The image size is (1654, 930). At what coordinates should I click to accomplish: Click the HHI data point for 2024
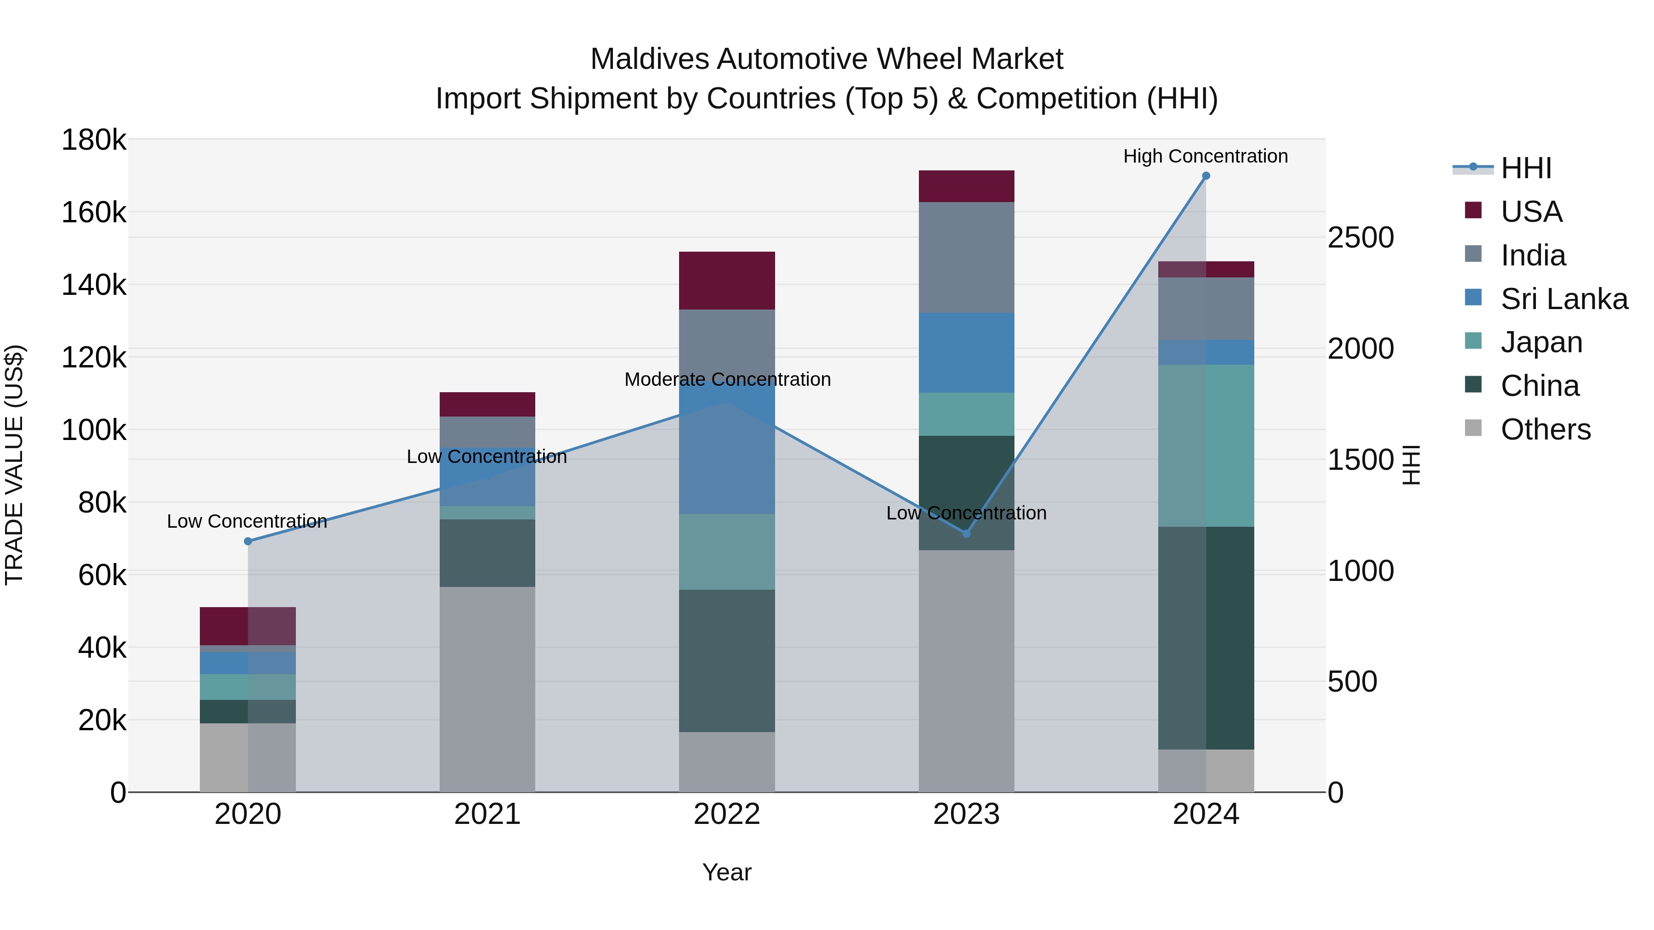[x=1206, y=176]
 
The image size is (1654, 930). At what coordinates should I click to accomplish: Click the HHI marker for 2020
[x=248, y=541]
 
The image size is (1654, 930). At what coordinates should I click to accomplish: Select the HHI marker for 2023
[x=966, y=533]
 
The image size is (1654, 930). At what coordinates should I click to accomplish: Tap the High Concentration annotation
[x=1205, y=157]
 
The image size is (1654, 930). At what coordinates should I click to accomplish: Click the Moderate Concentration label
[x=727, y=379]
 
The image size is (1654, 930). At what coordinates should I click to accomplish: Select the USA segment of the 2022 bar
[x=727, y=281]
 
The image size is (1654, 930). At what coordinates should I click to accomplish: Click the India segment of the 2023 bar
[x=966, y=257]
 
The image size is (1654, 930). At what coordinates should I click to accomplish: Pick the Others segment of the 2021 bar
[x=487, y=689]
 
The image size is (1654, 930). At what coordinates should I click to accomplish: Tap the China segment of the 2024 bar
[x=1206, y=638]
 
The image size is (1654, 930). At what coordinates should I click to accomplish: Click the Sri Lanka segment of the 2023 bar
[x=966, y=352]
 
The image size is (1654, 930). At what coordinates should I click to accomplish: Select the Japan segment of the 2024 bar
[x=1206, y=445]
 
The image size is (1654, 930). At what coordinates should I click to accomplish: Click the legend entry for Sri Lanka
[x=1563, y=299]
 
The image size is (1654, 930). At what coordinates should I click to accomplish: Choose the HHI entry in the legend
[x=1525, y=168]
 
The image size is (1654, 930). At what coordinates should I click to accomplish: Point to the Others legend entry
[x=1545, y=429]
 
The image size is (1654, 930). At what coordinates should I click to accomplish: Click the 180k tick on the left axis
[x=94, y=140]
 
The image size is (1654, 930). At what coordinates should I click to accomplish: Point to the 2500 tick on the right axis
[x=1360, y=237]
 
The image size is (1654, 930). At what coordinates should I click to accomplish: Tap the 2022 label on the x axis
[x=727, y=814]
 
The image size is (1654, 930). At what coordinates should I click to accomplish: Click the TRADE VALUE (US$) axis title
[x=14, y=465]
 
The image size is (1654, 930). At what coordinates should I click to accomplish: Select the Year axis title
[x=727, y=872]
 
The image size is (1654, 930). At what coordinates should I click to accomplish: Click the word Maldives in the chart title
[x=649, y=59]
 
